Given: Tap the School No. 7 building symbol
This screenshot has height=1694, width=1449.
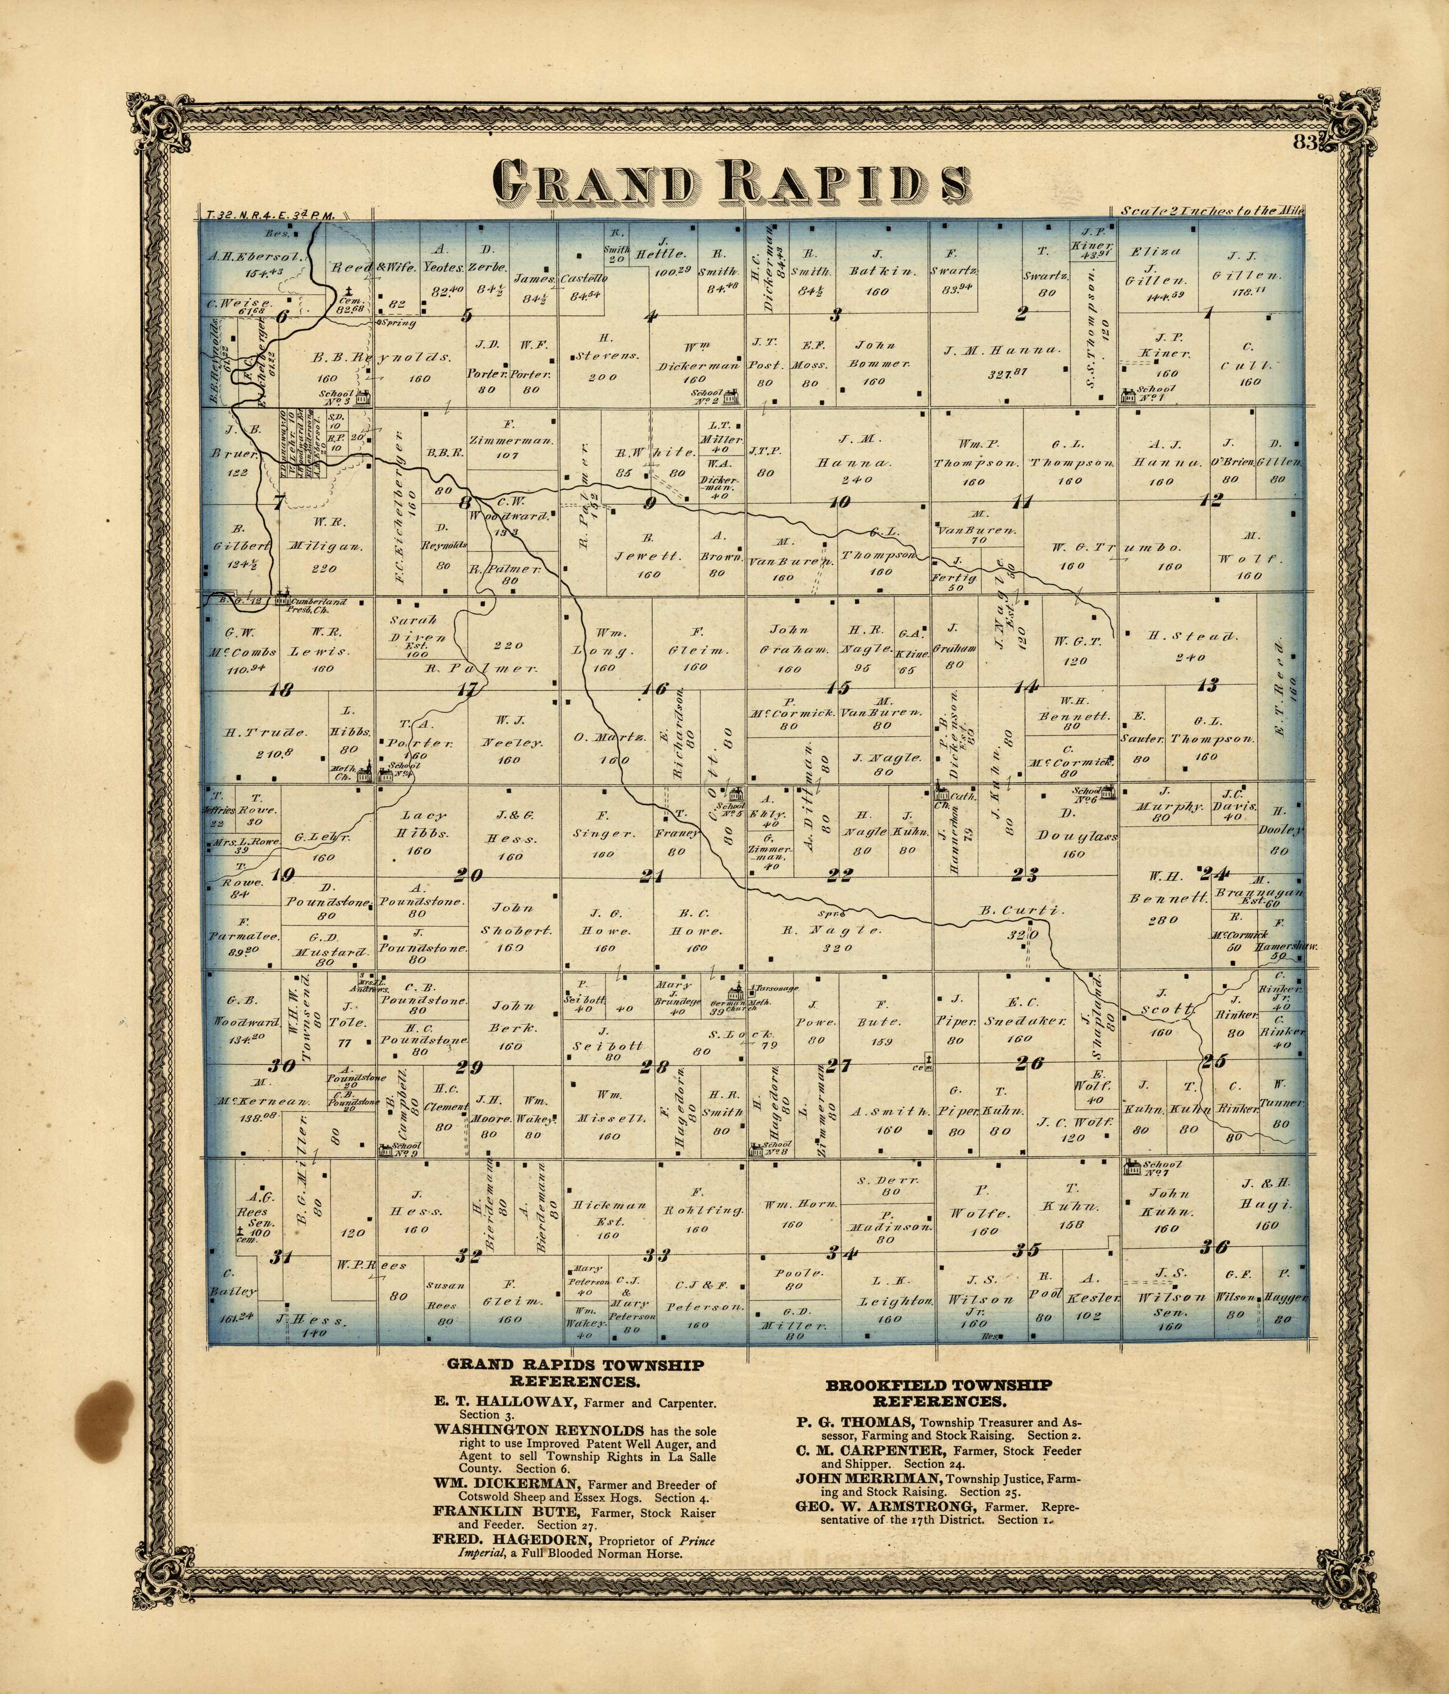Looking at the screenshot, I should (1132, 1166).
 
